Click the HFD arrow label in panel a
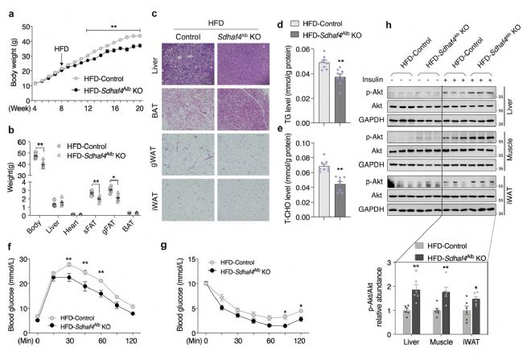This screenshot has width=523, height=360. [x=61, y=48]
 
